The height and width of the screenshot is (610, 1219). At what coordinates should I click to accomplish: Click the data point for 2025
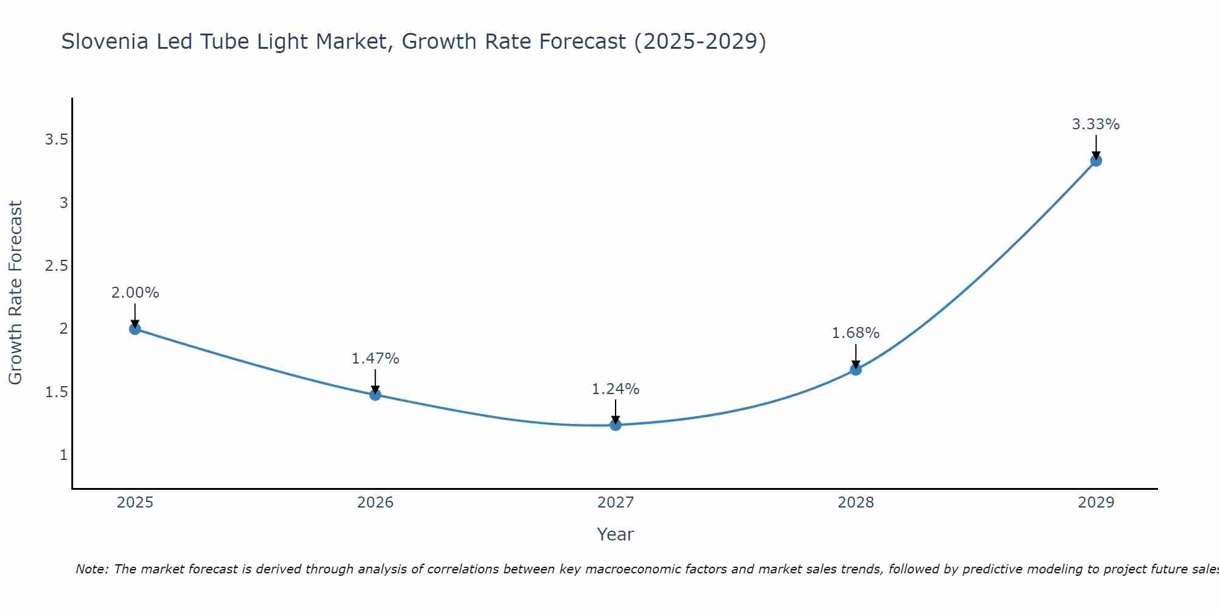coord(135,329)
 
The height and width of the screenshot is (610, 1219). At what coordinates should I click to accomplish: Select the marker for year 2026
coord(375,395)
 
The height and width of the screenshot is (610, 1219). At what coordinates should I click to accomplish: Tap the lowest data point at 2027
coord(616,425)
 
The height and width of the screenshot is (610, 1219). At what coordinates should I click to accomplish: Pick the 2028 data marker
coord(856,369)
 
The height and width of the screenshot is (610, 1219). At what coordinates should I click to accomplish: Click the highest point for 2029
coord(1096,160)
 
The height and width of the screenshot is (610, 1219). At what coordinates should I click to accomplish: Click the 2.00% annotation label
coord(135,293)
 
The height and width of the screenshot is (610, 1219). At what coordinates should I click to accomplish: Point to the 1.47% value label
coord(375,359)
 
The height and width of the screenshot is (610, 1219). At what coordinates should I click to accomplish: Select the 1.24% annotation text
coord(616,389)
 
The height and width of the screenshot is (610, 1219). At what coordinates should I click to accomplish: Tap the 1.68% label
coord(856,333)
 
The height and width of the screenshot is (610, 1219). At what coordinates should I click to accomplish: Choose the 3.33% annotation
coord(1096,124)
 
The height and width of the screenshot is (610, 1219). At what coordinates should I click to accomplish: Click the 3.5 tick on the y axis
coord(56,140)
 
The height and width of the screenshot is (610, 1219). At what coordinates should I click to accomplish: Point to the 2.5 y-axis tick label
coord(56,266)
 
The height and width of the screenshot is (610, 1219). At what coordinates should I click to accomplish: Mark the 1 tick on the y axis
coord(63,455)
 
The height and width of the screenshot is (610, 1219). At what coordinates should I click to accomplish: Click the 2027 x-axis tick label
coord(616,503)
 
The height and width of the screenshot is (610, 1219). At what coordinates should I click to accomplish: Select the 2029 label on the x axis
coord(1096,503)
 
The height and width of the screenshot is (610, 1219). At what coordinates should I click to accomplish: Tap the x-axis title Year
coord(616,534)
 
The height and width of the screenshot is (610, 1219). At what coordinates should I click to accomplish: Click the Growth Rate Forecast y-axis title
coord(15,293)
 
